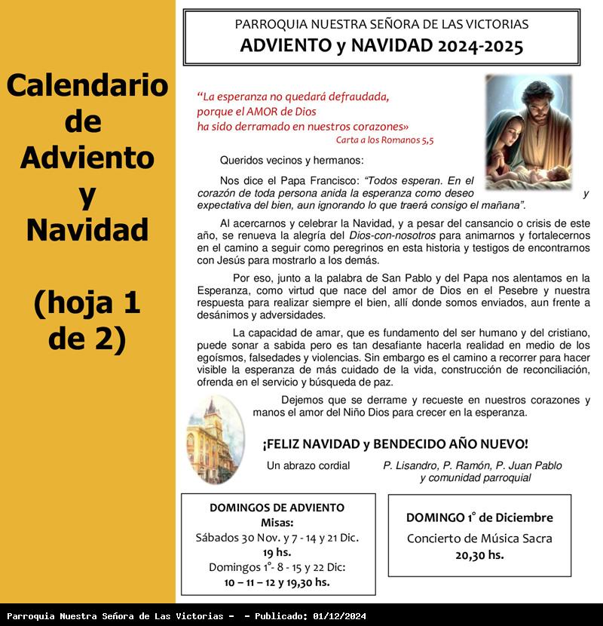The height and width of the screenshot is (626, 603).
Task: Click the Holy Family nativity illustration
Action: click(x=527, y=133)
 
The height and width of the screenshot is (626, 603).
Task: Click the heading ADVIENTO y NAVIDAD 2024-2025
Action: click(x=381, y=46)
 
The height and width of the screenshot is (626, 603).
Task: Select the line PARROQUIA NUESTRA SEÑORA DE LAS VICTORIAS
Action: click(x=381, y=24)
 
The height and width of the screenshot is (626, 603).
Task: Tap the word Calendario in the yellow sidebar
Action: click(x=87, y=85)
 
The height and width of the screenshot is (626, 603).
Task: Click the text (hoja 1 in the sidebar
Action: click(x=87, y=303)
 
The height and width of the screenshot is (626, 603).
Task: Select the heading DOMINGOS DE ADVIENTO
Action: click(x=277, y=508)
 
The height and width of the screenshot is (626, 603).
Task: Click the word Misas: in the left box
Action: click(x=277, y=523)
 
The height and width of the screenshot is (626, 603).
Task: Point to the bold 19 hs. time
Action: click(x=277, y=552)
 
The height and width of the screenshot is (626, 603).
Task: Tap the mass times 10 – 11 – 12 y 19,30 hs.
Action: click(x=277, y=582)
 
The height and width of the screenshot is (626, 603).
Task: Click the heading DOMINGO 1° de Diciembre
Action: click(x=479, y=517)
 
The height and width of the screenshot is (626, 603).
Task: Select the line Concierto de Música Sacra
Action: click(x=479, y=538)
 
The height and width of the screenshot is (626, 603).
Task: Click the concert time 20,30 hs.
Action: click(x=479, y=555)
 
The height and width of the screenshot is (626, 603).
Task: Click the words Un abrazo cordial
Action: click(x=308, y=465)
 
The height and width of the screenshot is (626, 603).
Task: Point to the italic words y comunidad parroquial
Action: click(x=475, y=477)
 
